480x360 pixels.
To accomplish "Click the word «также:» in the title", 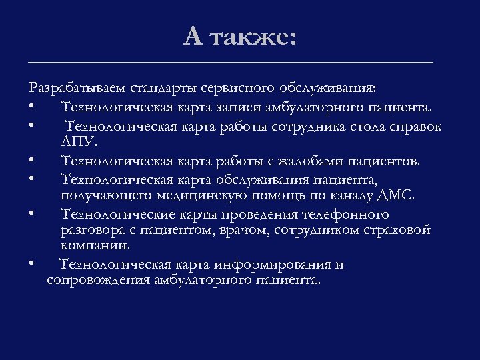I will pos(251,37).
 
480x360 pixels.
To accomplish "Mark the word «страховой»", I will pos(399,230).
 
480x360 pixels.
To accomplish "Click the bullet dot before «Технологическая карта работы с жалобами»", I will pos(31,161).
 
